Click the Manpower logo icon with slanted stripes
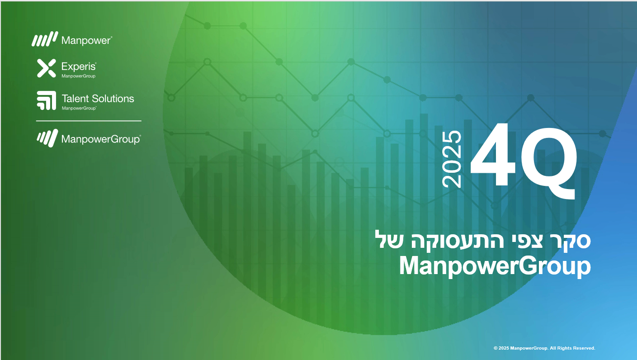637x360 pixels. click(x=45, y=39)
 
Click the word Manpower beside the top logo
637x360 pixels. click(x=86, y=40)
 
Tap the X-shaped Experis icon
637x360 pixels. click(x=46, y=68)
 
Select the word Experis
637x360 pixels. click(x=79, y=67)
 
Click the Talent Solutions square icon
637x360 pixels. click(x=46, y=100)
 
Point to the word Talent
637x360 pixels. click(x=75, y=99)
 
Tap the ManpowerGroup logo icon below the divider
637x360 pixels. click(x=47, y=138)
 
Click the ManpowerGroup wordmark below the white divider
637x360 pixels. click(x=101, y=139)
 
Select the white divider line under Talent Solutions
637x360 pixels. click(x=89, y=121)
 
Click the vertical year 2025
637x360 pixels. click(x=452, y=159)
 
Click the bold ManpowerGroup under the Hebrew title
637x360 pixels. click(x=495, y=266)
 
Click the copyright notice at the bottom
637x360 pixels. click(x=544, y=348)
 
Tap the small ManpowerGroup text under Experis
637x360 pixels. click(x=78, y=76)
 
